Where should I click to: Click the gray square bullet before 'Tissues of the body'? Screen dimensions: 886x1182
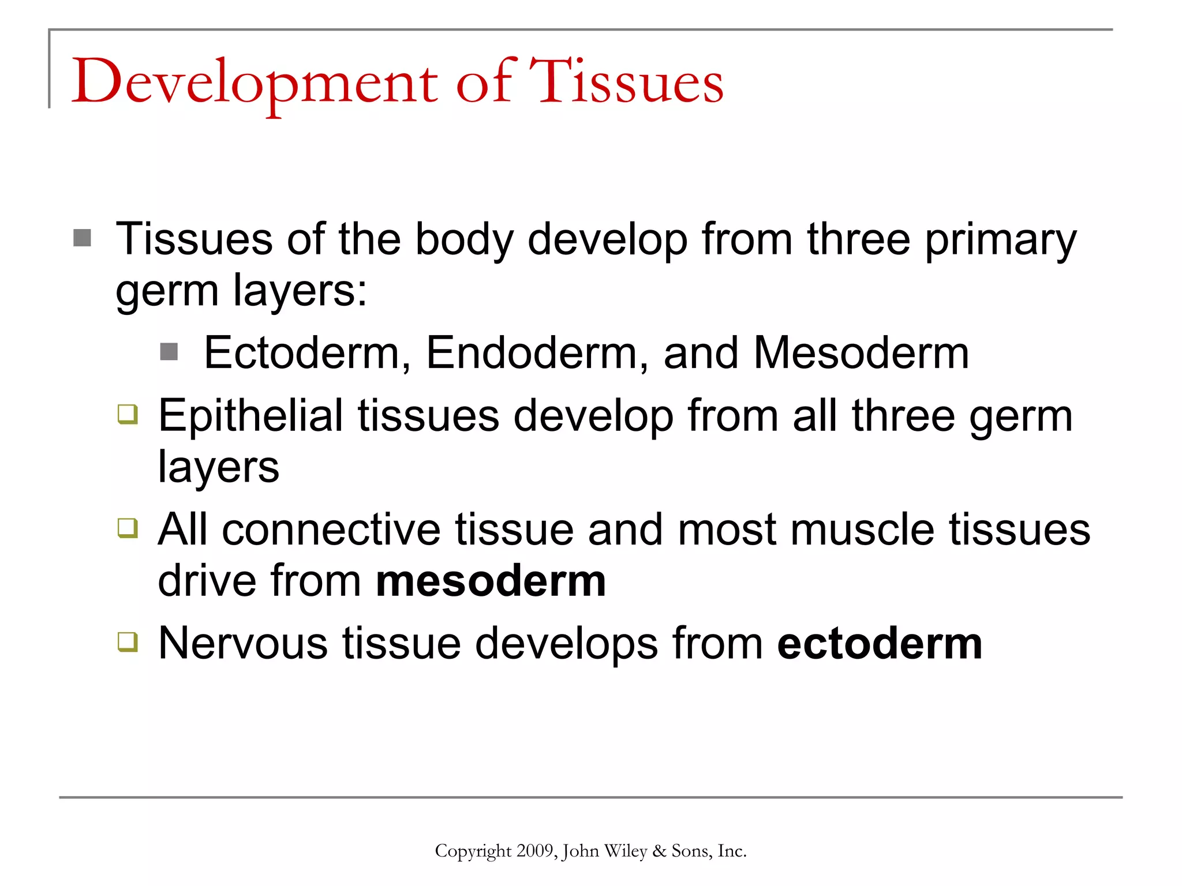coord(83,238)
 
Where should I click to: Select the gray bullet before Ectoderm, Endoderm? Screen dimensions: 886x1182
coord(169,351)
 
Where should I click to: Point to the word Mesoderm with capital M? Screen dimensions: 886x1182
coord(861,352)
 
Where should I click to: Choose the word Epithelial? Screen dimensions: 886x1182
coord(250,415)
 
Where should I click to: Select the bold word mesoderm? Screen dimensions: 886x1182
coord(491,581)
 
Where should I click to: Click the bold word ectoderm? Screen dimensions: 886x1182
coord(879,643)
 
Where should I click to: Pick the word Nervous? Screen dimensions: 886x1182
coord(243,643)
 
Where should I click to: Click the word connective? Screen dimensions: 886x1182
coord(331,530)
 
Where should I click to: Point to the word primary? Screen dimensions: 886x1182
coord(1000,240)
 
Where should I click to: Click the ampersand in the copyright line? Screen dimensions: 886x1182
coord(659,851)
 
